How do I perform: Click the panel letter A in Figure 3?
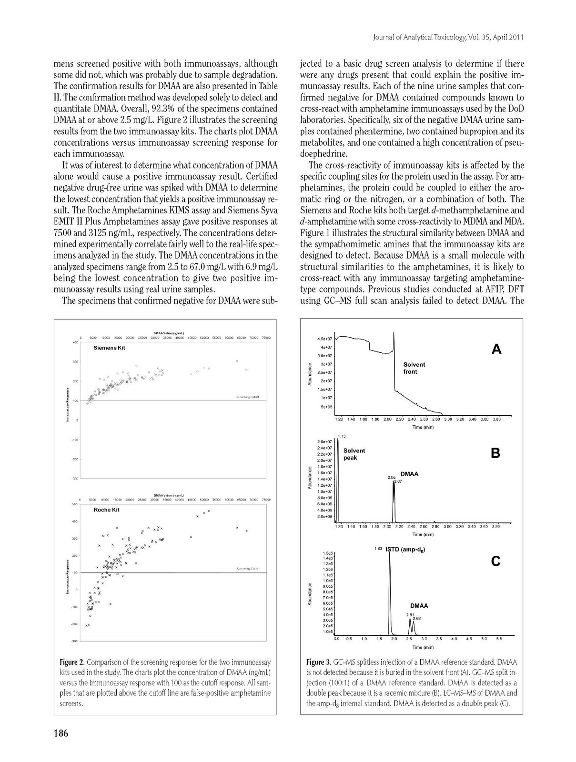496,350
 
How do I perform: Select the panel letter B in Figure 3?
495,453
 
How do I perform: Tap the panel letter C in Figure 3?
495,561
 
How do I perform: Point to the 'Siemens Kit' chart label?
109,348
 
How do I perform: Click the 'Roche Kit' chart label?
106,510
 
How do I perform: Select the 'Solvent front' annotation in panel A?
414,368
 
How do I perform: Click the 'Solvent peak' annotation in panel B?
354,454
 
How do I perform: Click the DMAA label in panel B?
409,474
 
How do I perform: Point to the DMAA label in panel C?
419,606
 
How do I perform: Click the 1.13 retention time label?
341,436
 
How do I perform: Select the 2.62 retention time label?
416,618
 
